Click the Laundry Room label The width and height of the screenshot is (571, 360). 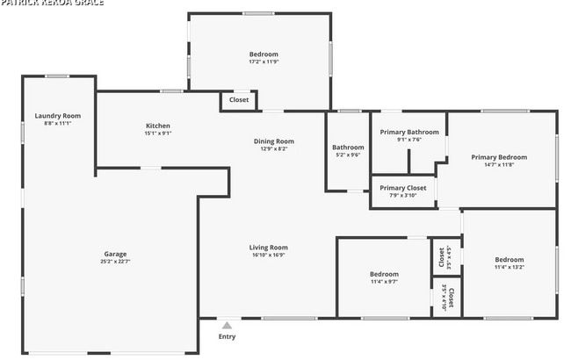click(x=58, y=116)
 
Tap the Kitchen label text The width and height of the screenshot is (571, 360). click(x=158, y=126)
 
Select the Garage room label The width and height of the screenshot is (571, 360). click(x=116, y=254)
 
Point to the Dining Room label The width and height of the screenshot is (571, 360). click(x=274, y=140)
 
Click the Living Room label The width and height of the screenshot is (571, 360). click(x=269, y=248)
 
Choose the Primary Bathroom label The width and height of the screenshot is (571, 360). click(x=409, y=132)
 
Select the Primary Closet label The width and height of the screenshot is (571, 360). click(x=403, y=187)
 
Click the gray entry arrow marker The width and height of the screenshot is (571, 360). click(x=227, y=325)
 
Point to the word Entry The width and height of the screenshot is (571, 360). click(x=227, y=336)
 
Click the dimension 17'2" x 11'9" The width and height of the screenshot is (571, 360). click(x=263, y=61)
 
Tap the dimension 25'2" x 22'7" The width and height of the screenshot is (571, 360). click(x=116, y=262)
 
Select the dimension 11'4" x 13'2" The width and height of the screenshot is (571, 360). click(x=509, y=267)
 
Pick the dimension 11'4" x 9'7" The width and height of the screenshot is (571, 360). click(x=384, y=282)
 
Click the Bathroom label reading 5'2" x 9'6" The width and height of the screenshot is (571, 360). click(x=348, y=155)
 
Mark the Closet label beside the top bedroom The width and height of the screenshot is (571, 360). click(x=239, y=100)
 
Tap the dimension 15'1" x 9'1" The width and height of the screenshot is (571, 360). click(x=158, y=133)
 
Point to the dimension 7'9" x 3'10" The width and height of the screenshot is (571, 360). click(x=403, y=195)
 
